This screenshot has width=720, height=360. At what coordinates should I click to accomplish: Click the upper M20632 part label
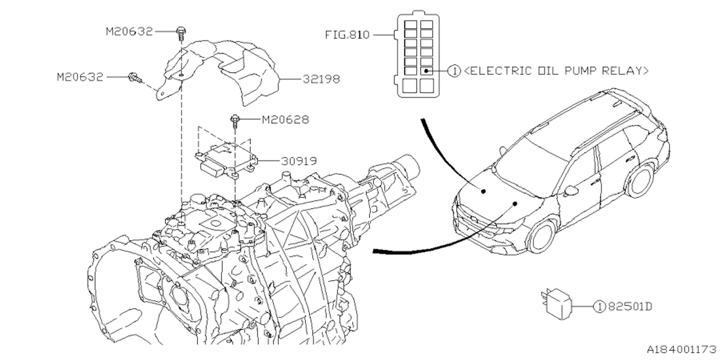tap(129, 31)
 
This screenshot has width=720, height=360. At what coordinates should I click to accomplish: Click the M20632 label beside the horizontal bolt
tap(80, 77)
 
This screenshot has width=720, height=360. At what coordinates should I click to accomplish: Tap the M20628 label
tap(285, 120)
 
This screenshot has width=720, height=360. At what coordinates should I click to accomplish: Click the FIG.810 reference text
tap(347, 35)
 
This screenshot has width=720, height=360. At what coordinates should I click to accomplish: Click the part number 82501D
tap(629, 307)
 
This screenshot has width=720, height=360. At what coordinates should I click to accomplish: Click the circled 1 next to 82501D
tap(600, 307)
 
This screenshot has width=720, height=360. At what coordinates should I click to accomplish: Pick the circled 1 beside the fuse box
tap(453, 71)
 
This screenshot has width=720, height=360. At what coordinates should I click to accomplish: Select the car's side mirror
tap(571, 191)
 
